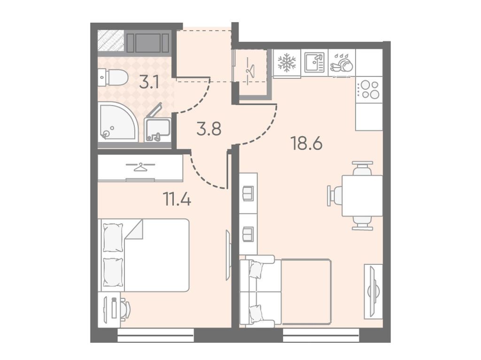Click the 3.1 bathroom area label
[149, 82]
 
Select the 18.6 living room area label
[307, 143]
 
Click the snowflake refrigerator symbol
[287, 63]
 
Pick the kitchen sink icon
[314, 63]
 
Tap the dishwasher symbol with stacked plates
[341, 64]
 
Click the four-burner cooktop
[369, 90]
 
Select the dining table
[362, 196]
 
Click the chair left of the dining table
[334, 196]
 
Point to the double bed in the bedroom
[143, 255]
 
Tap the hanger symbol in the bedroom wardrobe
[140, 167]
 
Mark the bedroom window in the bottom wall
[156, 336]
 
